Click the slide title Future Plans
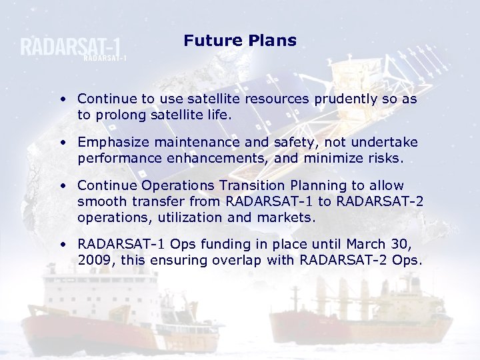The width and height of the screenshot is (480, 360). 240,41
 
